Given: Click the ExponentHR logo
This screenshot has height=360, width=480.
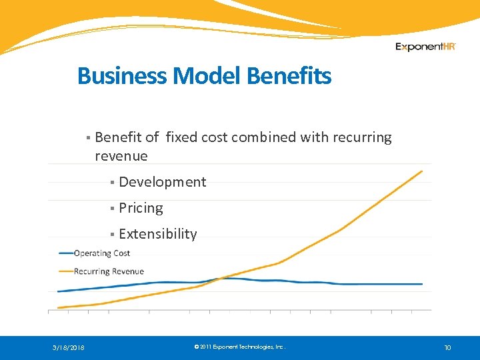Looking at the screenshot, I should click(425, 47).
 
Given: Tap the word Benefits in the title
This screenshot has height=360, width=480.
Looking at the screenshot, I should click(289, 76).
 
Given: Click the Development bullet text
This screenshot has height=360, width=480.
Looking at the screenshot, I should click(163, 182).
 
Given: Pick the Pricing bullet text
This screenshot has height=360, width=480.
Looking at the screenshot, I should click(141, 208).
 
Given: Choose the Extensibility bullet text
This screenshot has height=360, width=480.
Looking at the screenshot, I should click(158, 234).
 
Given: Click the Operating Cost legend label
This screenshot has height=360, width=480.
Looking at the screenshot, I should click(102, 253).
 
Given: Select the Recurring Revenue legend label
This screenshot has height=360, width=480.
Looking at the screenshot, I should click(109, 271).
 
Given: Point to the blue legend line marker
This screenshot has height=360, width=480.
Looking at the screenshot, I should click(66, 253).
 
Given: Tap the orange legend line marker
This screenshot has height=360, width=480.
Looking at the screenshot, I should click(66, 271).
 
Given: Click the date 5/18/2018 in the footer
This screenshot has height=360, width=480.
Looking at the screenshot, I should click(69, 347).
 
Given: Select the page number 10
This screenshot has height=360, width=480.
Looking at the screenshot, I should click(447, 347).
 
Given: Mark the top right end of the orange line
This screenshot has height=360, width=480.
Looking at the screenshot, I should click(422, 171).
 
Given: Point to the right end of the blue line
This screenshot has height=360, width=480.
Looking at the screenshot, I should click(422, 284).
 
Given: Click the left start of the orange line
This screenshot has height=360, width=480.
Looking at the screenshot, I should click(59, 307).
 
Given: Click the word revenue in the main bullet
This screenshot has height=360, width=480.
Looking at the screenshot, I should click(121, 156).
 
